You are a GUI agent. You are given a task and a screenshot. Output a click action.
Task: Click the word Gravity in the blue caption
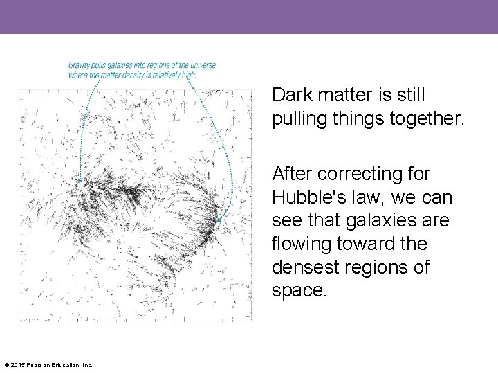click(80, 65)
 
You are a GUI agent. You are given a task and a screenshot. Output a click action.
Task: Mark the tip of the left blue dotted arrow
click(81, 181)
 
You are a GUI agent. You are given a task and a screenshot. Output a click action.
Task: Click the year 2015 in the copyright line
click(17, 365)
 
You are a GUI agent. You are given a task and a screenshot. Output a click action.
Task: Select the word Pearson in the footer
click(37, 365)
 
